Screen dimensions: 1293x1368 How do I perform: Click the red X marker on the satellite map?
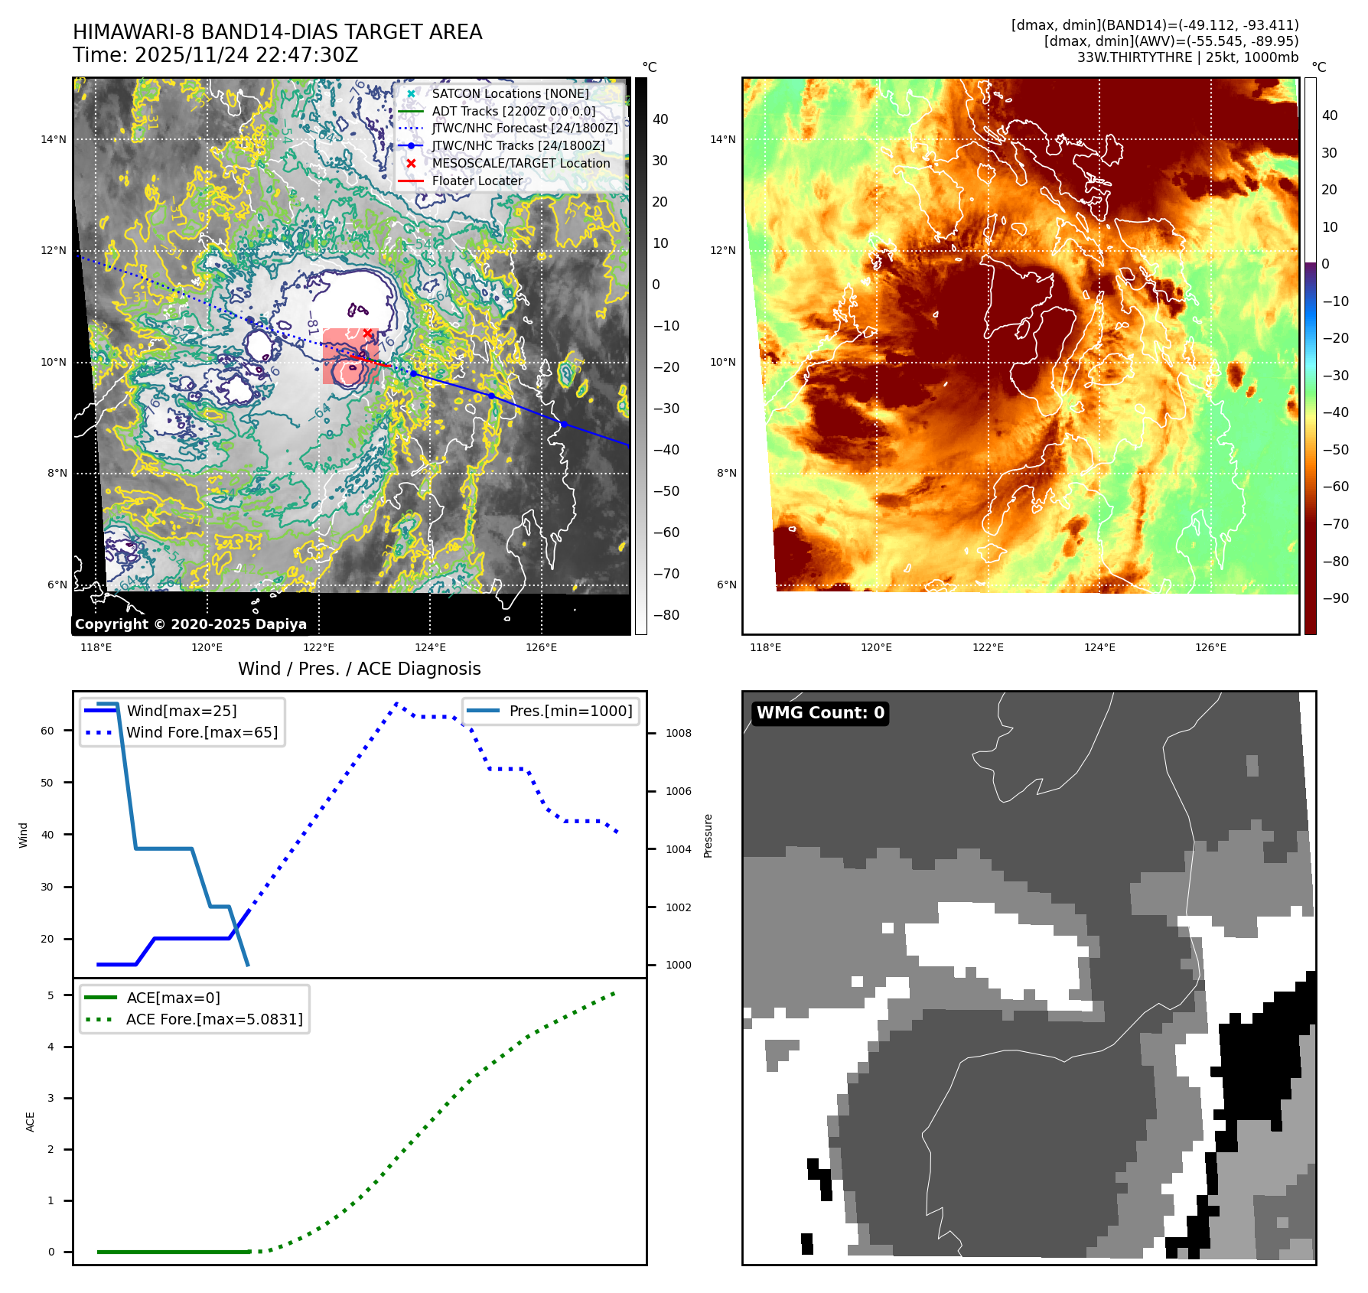(x=368, y=333)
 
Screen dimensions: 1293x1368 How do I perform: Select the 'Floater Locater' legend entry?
(x=477, y=181)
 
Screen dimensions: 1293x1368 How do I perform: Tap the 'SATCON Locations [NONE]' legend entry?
(x=510, y=93)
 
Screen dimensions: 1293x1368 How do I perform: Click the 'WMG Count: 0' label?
(x=820, y=713)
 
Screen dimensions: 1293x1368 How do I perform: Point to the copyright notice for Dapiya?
(x=191, y=624)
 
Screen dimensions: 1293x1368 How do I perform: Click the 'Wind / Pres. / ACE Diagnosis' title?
(x=359, y=669)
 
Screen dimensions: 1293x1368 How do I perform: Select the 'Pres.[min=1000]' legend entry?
(x=570, y=711)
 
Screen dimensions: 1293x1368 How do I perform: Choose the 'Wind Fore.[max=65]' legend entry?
(x=202, y=732)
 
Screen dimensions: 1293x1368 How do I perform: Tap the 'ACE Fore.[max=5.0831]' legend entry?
(x=214, y=1019)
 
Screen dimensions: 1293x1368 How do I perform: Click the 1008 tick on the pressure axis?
(x=678, y=733)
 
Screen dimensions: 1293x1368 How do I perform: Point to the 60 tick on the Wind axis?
(x=47, y=731)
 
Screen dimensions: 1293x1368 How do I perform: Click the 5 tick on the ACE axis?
(x=50, y=995)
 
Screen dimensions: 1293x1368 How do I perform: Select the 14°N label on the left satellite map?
(x=54, y=139)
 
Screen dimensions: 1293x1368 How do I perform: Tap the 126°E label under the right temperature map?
(x=1210, y=647)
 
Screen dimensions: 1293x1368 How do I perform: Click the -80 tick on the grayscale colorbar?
(x=666, y=615)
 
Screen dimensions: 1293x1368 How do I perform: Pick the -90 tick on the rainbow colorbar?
(x=1335, y=598)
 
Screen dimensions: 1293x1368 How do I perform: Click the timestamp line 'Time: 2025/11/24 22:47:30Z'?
(x=215, y=55)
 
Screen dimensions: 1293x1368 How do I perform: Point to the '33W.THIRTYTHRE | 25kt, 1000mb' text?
(x=1187, y=57)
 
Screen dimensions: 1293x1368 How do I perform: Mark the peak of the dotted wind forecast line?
(x=396, y=703)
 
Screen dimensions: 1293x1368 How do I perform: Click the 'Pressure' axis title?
(x=708, y=835)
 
